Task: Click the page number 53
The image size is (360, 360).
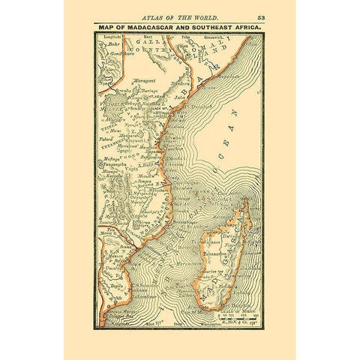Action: point(260,16)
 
